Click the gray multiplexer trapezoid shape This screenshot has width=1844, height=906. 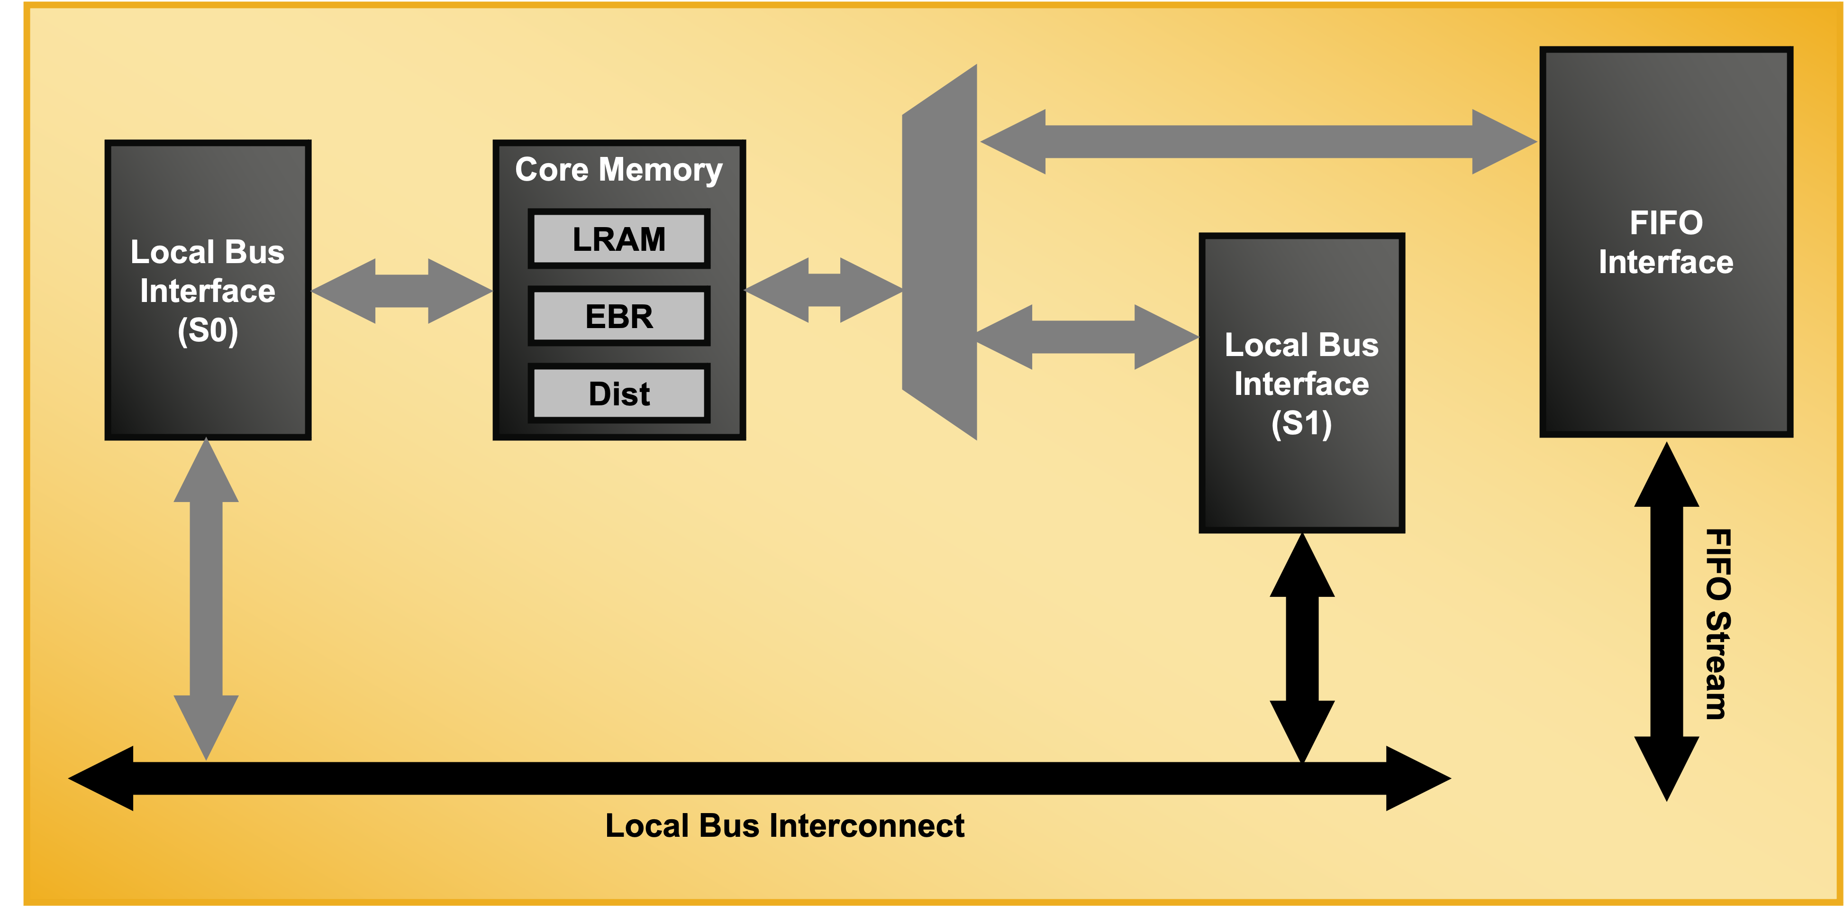pyautogui.click(x=940, y=251)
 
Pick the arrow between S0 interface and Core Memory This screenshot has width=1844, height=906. pyautogui.click(x=401, y=291)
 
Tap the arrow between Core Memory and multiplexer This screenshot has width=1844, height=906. pyautogui.click(x=824, y=290)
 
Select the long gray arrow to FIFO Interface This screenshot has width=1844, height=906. pyautogui.click(x=1258, y=142)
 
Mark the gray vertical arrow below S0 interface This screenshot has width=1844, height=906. pyautogui.click(x=206, y=598)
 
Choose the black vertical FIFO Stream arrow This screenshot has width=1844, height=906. pyautogui.click(x=1666, y=622)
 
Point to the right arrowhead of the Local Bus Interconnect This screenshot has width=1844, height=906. pyautogui.click(x=1417, y=778)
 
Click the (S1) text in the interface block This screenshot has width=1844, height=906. pyautogui.click(x=1301, y=424)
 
